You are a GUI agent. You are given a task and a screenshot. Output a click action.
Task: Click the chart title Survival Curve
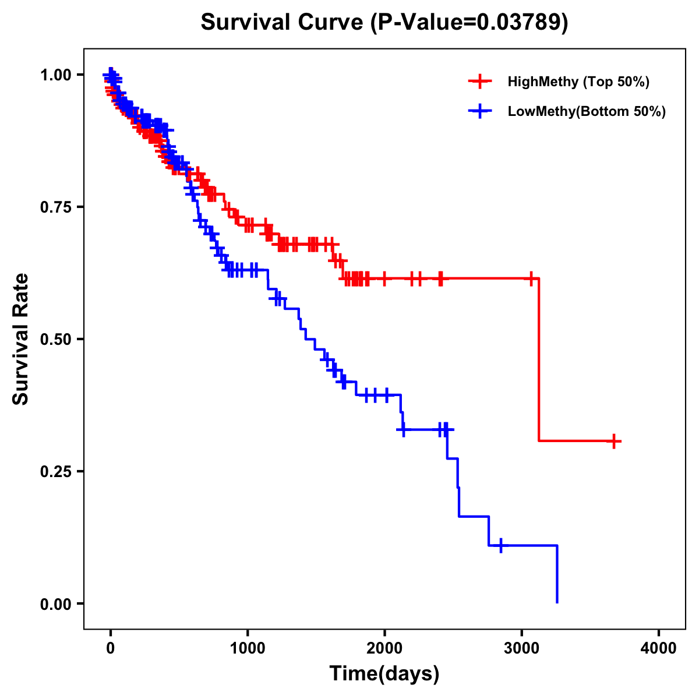[283, 22]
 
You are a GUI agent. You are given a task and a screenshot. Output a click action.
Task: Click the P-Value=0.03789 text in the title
[471, 22]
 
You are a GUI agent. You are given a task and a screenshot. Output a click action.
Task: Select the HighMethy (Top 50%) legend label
[578, 82]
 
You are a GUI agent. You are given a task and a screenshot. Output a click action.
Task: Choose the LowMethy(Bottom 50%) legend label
[587, 112]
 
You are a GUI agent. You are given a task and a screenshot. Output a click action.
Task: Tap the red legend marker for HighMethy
[480, 82]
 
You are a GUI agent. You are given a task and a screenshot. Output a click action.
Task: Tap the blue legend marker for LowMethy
[480, 111]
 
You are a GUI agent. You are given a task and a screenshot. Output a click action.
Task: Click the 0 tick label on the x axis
[111, 648]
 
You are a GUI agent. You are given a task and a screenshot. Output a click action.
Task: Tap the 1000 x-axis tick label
[248, 648]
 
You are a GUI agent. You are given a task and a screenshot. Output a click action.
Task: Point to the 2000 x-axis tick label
[384, 648]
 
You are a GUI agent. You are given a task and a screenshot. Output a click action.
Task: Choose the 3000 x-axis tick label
[522, 648]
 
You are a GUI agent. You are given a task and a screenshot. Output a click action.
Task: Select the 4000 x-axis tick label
[659, 648]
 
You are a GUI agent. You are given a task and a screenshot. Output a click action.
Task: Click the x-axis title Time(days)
[384, 674]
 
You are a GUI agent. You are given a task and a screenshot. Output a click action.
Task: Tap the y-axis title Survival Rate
[21, 339]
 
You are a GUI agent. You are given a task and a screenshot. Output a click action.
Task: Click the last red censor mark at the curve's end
[613, 442]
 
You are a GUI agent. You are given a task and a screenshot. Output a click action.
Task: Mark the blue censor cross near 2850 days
[501, 546]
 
